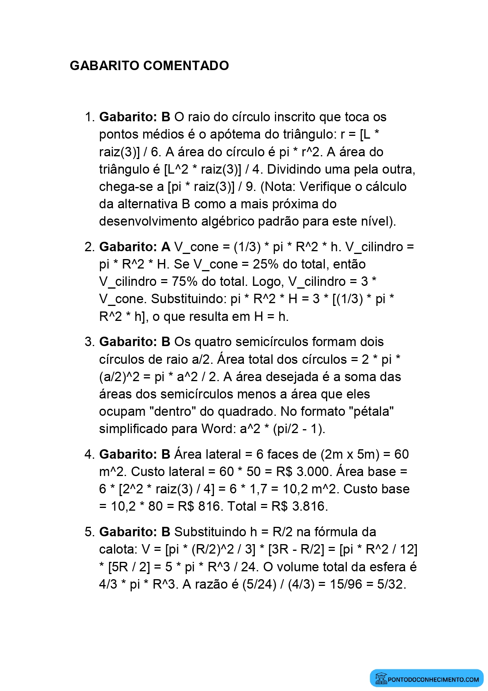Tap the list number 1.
[89, 117]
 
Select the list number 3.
[89, 342]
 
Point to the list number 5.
[89, 532]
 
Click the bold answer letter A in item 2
[166, 247]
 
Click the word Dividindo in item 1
[296, 169]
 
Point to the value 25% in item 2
[265, 264]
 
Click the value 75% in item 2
[184, 282]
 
